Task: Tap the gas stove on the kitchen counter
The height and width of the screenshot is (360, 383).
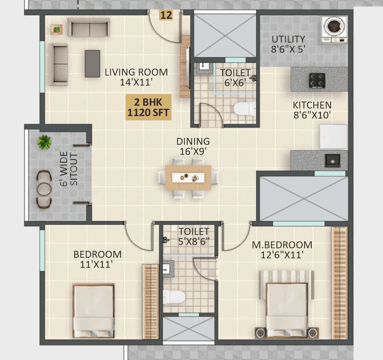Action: pyautogui.click(x=317, y=80)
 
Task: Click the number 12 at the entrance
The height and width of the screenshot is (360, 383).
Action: pyautogui.click(x=166, y=15)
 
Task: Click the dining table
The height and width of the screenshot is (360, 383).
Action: pyautogui.click(x=188, y=177)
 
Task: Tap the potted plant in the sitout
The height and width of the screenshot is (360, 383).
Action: pyautogui.click(x=44, y=142)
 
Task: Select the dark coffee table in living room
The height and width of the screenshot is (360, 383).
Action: pyautogui.click(x=92, y=64)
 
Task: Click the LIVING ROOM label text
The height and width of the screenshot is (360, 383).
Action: pyautogui.click(x=136, y=72)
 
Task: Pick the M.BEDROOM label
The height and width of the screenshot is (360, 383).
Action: pyautogui.click(x=282, y=245)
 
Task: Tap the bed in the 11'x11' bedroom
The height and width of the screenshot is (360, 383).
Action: pyautogui.click(x=93, y=310)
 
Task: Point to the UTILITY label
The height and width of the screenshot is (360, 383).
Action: pyautogui.click(x=288, y=39)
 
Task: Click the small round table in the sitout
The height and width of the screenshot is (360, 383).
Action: pyautogui.click(x=44, y=189)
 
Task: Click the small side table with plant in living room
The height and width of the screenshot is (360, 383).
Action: pyautogui.click(x=57, y=29)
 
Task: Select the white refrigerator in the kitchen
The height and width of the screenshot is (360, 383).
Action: pyautogui.click(x=333, y=137)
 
